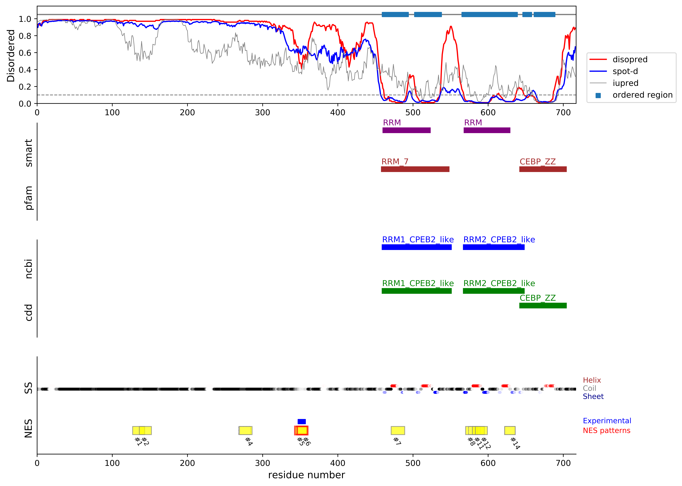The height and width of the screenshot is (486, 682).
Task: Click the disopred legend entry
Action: coord(630,60)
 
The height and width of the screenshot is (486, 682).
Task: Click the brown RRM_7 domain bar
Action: coord(415,169)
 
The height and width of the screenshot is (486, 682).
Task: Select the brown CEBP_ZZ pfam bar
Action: coord(543,169)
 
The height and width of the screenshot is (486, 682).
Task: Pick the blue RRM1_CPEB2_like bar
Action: coord(417,247)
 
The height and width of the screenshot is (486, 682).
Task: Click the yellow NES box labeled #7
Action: coord(398,430)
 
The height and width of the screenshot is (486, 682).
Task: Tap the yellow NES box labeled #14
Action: coord(510,430)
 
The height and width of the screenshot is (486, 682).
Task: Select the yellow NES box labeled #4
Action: coord(245,430)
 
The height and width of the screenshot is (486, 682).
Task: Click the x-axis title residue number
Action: coord(307,475)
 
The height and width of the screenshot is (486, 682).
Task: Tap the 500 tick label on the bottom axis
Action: coord(413,463)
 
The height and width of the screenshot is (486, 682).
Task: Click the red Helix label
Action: coord(592,380)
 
